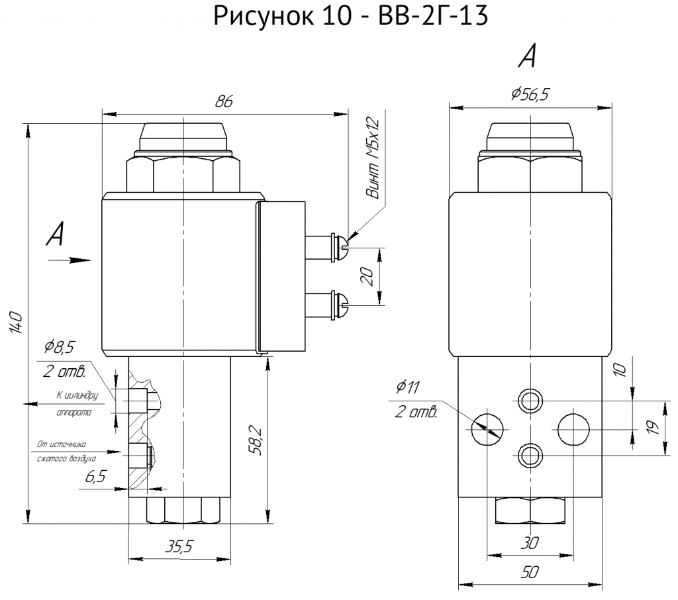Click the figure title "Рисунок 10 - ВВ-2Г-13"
351,16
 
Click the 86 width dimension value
224,101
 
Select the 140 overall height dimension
16,322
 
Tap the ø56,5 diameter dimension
530,93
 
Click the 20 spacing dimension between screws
367,277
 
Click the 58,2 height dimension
256,440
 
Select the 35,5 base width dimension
179,547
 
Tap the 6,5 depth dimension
95,477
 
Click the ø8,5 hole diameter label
60,347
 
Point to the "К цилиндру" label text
77,395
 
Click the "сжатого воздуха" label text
67,458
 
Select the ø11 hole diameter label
407,387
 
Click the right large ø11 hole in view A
573,430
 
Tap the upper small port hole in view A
530,401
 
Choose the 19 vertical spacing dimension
654,427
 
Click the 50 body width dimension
530,572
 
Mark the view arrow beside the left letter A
70,260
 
